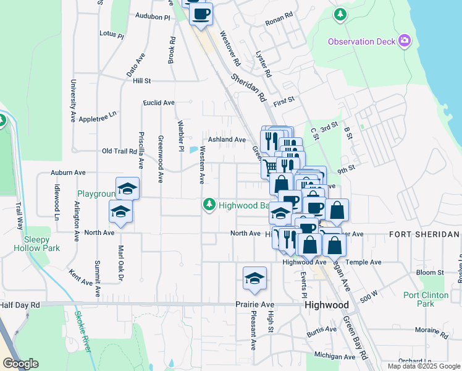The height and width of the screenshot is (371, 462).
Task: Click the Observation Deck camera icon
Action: point(405,41)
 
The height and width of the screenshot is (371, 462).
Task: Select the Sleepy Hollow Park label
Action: point(41,244)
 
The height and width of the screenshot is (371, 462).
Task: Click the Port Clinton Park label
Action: point(426,299)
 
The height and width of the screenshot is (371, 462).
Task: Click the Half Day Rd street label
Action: point(20,305)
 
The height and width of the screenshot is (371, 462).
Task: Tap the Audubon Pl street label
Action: point(152,17)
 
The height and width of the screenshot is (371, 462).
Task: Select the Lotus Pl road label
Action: point(112,35)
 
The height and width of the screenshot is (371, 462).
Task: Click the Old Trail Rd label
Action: point(119,151)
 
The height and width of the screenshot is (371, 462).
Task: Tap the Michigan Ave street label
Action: point(334,356)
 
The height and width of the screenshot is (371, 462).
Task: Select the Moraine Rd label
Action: point(432,330)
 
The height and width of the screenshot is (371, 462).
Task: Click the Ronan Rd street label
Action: point(278,22)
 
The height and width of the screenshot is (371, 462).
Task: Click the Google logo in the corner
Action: point(20,363)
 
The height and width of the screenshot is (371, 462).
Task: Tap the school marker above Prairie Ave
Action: point(254,279)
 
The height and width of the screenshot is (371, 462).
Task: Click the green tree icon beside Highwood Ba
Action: point(209,204)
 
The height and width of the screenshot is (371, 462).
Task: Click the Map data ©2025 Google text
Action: point(424,366)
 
